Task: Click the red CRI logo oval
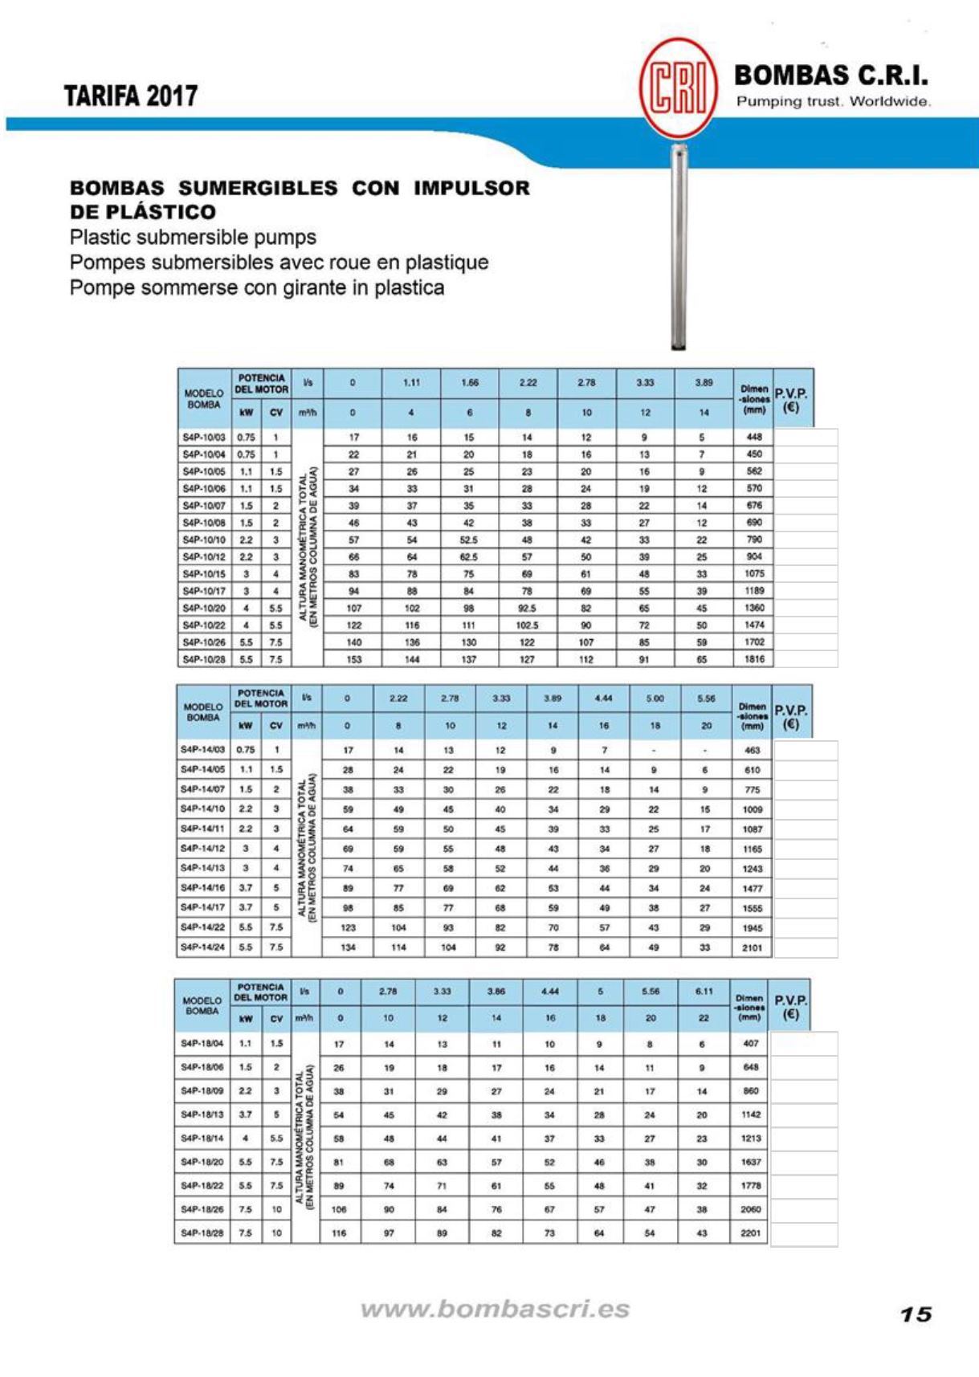pyautogui.click(x=678, y=88)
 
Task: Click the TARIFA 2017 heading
pyautogui.click(x=131, y=96)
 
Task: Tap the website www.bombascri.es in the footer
pyautogui.click(x=495, y=1309)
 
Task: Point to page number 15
pyautogui.click(x=916, y=1314)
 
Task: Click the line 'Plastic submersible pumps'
pyautogui.click(x=193, y=238)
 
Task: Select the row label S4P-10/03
pyautogui.click(x=204, y=438)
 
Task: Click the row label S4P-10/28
pyautogui.click(x=204, y=659)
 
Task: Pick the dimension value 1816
pyautogui.click(x=754, y=659)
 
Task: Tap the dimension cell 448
pyautogui.click(x=754, y=438)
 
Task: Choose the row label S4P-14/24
pyautogui.click(x=202, y=947)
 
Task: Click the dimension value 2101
pyautogui.click(x=753, y=947)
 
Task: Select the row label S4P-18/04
pyautogui.click(x=202, y=1044)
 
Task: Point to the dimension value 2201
pyautogui.click(x=750, y=1232)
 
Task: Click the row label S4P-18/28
pyautogui.click(x=202, y=1232)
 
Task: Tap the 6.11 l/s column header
pyautogui.click(x=704, y=992)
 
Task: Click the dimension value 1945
pyautogui.click(x=753, y=928)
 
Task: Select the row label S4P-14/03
pyautogui.click(x=202, y=750)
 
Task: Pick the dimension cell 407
pyautogui.click(x=750, y=1044)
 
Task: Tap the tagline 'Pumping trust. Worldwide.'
pyautogui.click(x=834, y=102)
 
